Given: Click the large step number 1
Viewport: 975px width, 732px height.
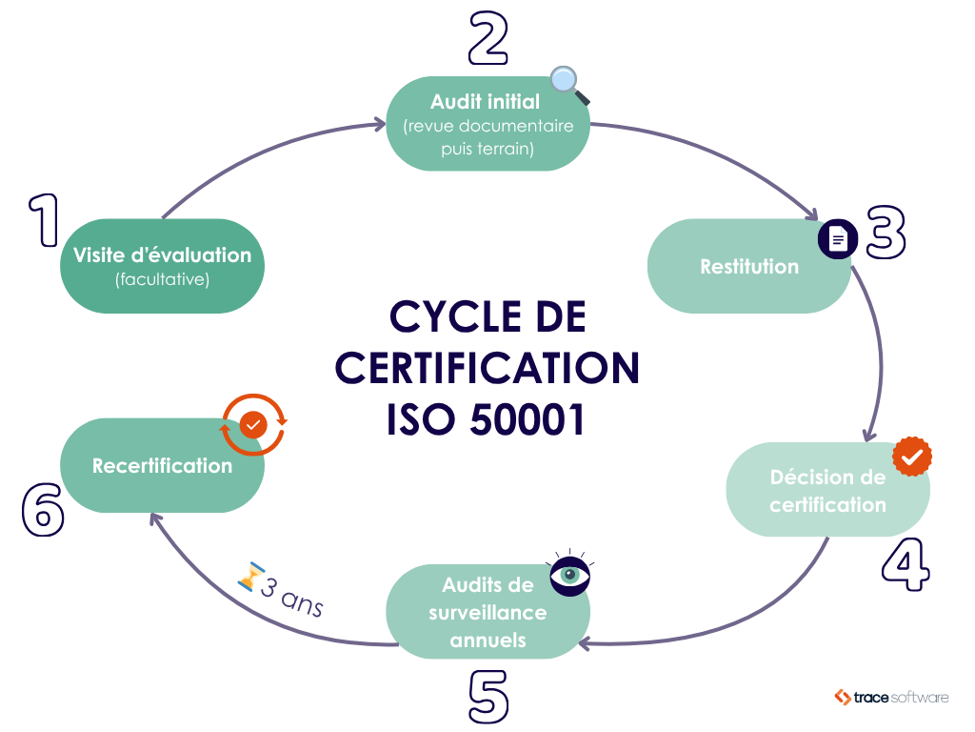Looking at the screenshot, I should click(x=41, y=220).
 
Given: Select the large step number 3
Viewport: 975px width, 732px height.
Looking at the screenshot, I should click(x=885, y=233).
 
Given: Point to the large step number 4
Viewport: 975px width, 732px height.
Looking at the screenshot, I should click(x=904, y=565).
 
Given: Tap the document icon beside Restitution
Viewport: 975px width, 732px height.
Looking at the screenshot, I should click(x=838, y=238).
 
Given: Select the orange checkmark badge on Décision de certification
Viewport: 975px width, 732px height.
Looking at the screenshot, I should click(x=912, y=457).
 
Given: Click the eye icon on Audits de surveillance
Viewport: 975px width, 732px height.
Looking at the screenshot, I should click(x=570, y=575).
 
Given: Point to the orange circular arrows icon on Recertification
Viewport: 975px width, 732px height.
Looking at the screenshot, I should click(x=253, y=425).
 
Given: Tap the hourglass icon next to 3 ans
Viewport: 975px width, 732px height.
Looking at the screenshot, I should click(x=250, y=577).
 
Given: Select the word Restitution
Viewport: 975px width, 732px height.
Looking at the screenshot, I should click(x=749, y=266).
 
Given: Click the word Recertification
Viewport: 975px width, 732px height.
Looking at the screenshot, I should click(x=162, y=465).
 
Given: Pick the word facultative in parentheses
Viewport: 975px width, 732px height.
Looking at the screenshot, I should click(x=162, y=280).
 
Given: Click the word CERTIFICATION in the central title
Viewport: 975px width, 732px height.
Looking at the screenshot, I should click(x=487, y=368).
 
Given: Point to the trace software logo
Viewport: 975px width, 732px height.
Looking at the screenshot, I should click(x=891, y=697).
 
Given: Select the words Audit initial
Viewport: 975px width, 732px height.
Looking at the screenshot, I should click(x=485, y=101).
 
